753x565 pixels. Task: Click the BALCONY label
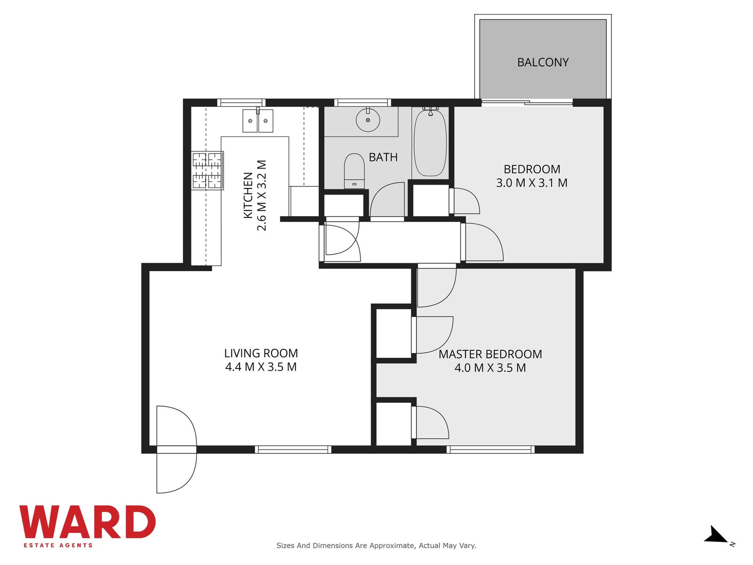point(543,62)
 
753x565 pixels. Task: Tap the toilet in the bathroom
point(354,171)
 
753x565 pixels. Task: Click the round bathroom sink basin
point(368,120)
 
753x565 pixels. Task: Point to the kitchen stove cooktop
point(208,170)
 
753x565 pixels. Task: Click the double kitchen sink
point(257,121)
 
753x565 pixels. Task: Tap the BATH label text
point(383,157)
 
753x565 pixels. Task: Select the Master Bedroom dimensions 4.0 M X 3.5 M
point(490,368)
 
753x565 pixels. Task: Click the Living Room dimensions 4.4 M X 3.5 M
point(261,367)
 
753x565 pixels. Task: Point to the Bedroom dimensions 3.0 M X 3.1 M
point(532,183)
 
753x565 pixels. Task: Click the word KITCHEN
point(248,195)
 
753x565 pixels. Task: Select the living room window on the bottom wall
point(293,449)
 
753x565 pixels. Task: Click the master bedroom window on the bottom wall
point(490,449)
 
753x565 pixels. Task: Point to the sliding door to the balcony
point(527,102)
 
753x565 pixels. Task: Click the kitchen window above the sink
point(241,102)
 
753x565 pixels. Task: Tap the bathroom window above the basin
point(362,102)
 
